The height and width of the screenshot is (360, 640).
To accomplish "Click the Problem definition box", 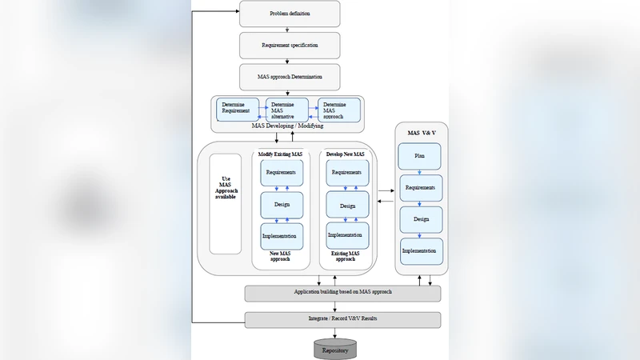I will pos(290,14).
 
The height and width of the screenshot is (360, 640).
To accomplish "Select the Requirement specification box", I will pos(290,46).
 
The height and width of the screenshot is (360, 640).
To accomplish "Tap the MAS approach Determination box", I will pos(290,77).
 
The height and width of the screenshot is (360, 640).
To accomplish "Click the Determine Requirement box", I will pos(238,109).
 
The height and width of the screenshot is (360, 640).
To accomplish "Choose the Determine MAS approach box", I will pos(339,110).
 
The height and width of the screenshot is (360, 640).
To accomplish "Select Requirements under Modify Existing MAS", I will pos(282,172).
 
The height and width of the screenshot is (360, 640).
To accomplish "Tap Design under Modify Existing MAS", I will pos(282,205).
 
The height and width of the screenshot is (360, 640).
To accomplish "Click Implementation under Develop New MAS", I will pos(347,235).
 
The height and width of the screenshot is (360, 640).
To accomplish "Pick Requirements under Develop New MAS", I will pos(347,172).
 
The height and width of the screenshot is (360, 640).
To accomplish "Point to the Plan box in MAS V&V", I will pos(420,156).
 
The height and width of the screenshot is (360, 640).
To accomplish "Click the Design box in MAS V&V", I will pos(421,219).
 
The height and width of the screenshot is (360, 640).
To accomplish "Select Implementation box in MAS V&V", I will pos(421,251).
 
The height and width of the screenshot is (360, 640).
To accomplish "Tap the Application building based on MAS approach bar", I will pos(342,293).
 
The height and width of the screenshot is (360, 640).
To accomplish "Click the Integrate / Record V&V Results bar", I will pos(342,319).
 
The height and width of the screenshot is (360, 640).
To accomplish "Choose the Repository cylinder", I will pos(334,350).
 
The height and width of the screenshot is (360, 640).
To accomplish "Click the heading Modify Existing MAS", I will pos(280,153).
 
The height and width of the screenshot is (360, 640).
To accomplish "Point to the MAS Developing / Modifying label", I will pos(287,126).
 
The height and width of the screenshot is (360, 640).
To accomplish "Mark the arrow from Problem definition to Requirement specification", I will pos(287,30).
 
